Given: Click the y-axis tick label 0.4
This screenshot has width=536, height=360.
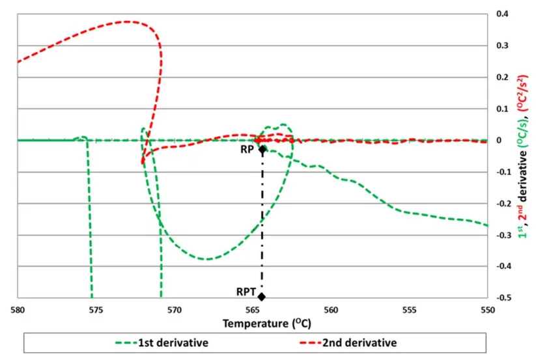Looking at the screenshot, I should pos(503,14).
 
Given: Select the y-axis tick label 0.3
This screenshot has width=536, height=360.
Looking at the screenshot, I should pos(503,46).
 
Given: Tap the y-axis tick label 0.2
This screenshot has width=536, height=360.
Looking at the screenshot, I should pos(503,77).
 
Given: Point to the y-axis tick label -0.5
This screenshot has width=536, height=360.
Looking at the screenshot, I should pos(501,298).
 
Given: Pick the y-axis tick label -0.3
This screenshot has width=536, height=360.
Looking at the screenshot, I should pos(501,235).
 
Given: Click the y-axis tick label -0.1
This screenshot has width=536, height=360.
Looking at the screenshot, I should pos(501,172).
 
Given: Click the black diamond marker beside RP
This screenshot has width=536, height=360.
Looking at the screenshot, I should pos(262,149).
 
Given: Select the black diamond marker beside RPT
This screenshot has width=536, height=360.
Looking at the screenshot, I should pos(262,297).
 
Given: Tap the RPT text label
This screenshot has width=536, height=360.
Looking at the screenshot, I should pos(246,292).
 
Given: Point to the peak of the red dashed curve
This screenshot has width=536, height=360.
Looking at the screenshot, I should pos(126,21).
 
